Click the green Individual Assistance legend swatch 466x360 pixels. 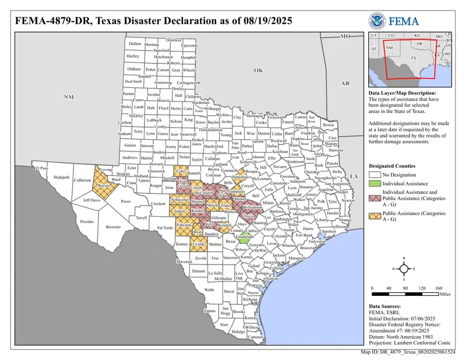point(375,183)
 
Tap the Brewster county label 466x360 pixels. point(113,227)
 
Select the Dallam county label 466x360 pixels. point(135,44)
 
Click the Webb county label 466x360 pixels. point(209,289)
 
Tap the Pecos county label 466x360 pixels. point(125,201)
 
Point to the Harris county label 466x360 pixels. point(308,228)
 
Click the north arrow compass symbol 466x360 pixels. point(404,269)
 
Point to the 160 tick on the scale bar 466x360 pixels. point(440,288)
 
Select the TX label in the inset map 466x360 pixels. point(413,58)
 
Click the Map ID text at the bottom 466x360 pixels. point(408,352)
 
